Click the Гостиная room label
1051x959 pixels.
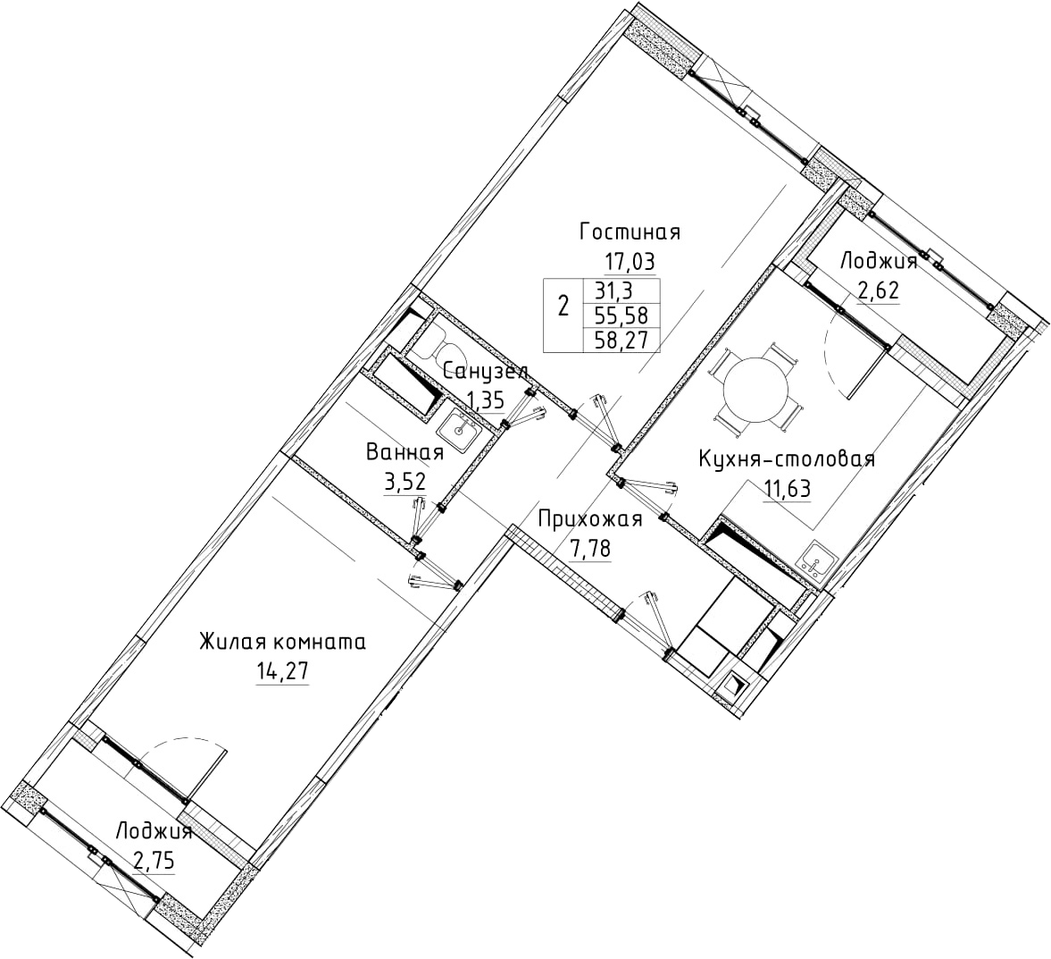pyautogui.click(x=630, y=232)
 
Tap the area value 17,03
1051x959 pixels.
pyautogui.click(x=630, y=260)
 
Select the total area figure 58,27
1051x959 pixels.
pyautogui.click(x=621, y=341)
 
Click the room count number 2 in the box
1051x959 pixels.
pyautogui.click(x=563, y=307)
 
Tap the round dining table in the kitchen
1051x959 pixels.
pyautogui.click(x=755, y=389)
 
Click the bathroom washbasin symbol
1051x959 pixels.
pyautogui.click(x=459, y=427)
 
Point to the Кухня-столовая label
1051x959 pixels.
pyautogui.click(x=787, y=459)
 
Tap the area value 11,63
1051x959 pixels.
pyautogui.click(x=787, y=489)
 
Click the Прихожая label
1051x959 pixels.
pyautogui.click(x=590, y=518)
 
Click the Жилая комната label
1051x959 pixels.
pyautogui.click(x=282, y=643)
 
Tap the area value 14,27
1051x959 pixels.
pyautogui.click(x=282, y=671)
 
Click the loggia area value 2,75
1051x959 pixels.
pyautogui.click(x=154, y=861)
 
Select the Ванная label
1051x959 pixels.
pyautogui.click(x=405, y=453)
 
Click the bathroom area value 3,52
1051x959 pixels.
pyautogui.click(x=405, y=482)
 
